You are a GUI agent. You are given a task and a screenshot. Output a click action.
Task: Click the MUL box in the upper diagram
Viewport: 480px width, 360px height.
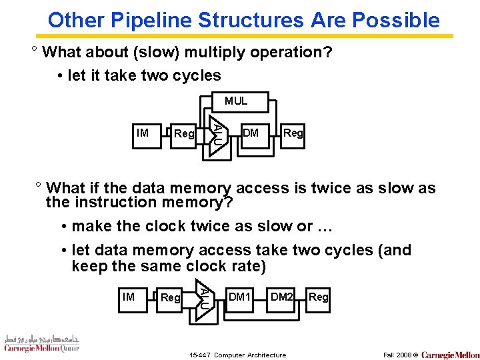coord(235,101)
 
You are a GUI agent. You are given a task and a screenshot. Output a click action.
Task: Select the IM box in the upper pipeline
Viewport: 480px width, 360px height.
coord(142,133)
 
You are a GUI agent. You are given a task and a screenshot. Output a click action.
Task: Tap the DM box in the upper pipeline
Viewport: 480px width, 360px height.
coord(251,133)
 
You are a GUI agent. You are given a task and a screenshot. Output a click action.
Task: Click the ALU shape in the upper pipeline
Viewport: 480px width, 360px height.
coord(217,133)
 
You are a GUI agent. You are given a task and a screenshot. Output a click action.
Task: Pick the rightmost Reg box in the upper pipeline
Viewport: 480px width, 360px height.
coord(293,133)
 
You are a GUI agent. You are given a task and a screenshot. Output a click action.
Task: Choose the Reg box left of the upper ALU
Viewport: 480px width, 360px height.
coord(183,134)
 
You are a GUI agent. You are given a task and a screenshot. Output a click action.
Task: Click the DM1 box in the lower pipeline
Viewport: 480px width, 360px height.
coord(239,297)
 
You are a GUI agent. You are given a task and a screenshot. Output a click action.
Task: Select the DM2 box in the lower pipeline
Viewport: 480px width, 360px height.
coord(281,297)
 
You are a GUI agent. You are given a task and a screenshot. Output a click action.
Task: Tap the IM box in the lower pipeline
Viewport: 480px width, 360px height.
coord(128,297)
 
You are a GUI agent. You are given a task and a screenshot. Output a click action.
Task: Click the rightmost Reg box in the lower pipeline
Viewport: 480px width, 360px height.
coord(319,297)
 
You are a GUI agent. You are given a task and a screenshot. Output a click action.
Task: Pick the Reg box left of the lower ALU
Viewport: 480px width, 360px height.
coord(171,297)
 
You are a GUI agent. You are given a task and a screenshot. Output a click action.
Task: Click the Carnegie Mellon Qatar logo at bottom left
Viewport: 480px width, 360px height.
coord(41,343)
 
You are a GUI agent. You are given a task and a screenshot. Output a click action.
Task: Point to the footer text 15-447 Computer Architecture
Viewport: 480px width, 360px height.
coord(238,355)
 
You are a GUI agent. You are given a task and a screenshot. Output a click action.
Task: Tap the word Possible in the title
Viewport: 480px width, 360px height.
coord(396,20)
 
